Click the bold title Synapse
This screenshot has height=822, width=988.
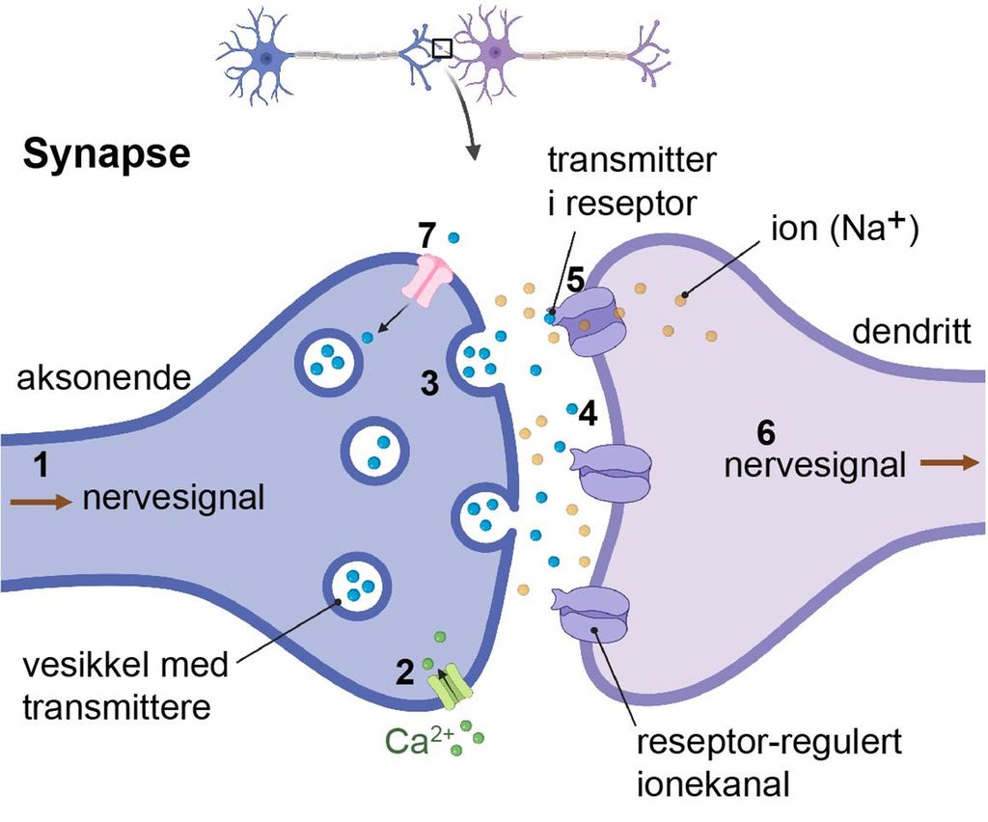click(107, 153)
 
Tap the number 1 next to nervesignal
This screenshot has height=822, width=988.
click(41, 466)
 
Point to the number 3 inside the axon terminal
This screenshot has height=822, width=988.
click(429, 384)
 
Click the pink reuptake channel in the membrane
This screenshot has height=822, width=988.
click(433, 279)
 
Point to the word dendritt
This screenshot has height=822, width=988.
click(912, 333)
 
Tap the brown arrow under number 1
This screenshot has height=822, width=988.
click(41, 502)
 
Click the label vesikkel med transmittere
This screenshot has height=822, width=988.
click(125, 686)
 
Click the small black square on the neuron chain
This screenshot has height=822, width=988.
click(442, 47)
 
